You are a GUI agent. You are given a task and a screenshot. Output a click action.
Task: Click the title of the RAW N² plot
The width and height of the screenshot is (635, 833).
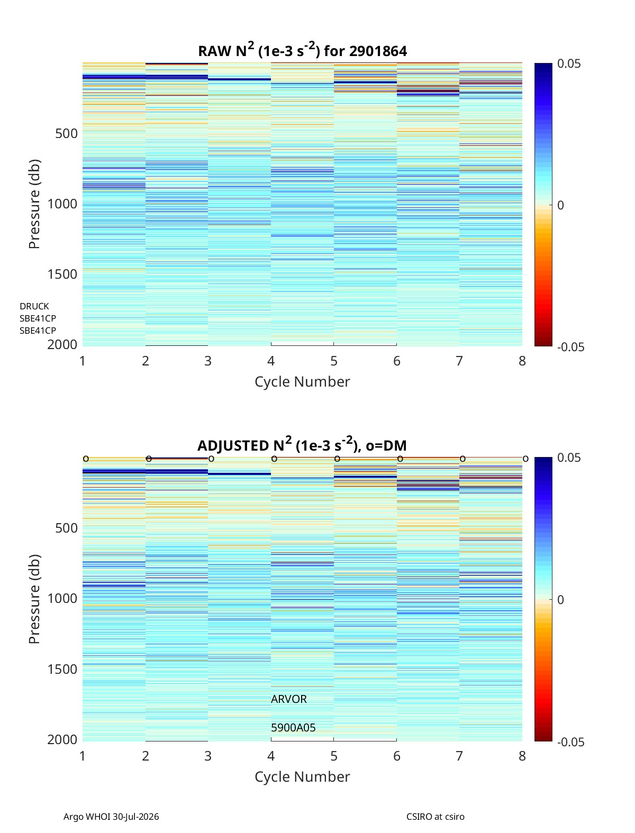point(302,50)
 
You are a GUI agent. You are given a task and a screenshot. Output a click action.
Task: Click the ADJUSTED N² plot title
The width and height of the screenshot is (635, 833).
point(302,444)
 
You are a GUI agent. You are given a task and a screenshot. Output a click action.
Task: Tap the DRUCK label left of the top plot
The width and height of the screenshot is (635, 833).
point(34,306)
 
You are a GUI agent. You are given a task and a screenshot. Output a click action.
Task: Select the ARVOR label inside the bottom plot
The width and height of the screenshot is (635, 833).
point(288,699)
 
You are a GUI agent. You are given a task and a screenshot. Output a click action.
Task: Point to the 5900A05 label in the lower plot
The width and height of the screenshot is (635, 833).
point(293,728)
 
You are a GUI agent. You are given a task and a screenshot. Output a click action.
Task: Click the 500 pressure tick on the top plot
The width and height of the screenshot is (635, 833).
point(66,134)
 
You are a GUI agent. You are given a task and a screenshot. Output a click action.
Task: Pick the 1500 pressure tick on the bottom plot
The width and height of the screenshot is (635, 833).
point(62,669)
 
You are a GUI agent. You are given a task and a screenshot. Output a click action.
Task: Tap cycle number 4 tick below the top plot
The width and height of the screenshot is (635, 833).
point(270,361)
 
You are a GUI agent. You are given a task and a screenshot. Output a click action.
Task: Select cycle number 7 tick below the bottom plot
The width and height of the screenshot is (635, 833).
point(459,756)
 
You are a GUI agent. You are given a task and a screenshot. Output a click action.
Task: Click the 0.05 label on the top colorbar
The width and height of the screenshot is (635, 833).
point(569,64)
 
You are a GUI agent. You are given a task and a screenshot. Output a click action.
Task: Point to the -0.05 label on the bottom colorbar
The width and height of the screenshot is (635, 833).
point(570,742)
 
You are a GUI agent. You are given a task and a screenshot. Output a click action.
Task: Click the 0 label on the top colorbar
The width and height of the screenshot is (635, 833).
point(560,205)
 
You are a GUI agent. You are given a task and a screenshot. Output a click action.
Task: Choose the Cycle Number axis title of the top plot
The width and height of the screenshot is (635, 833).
point(302,382)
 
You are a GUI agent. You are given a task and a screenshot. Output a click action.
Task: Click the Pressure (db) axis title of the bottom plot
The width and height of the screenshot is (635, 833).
point(34,599)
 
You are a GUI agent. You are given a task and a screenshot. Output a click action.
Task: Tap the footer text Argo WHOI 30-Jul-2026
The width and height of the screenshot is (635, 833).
point(111,816)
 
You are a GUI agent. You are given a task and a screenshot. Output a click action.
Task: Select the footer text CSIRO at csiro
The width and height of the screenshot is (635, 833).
point(436,816)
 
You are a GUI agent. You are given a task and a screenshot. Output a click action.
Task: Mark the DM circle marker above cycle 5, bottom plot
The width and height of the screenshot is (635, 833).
point(337,459)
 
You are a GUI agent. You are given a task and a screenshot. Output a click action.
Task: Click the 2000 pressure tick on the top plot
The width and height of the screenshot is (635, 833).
point(62,345)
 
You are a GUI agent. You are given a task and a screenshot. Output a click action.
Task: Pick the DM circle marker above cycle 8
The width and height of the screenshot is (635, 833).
point(525,459)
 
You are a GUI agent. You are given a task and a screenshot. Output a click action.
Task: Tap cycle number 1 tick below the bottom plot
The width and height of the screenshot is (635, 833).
point(83,756)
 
